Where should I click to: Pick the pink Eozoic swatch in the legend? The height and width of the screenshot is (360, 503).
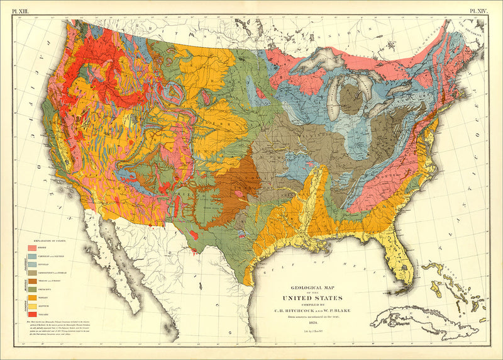click(x=33, y=249)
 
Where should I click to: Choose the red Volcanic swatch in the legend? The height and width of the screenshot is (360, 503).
click(x=33, y=312)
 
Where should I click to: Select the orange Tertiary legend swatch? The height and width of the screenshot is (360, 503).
click(x=33, y=296)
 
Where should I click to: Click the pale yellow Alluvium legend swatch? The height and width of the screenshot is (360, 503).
click(x=33, y=304)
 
